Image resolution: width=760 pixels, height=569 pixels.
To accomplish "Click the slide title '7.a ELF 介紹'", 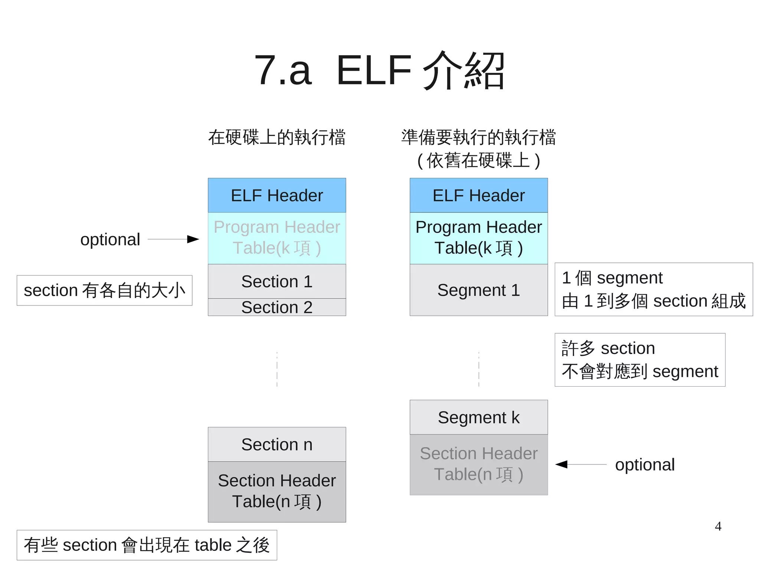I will tap(379, 70).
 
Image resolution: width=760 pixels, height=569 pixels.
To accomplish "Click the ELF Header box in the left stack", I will tap(277, 195).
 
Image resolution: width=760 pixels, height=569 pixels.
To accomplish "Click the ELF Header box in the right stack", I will tap(479, 195).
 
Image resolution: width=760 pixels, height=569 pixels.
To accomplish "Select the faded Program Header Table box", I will tap(277, 238).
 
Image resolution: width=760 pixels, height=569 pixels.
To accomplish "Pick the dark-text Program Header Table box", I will tap(479, 238).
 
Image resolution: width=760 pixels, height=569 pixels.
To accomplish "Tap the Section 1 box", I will tap(277, 281).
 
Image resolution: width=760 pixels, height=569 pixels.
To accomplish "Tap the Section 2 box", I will tap(277, 307).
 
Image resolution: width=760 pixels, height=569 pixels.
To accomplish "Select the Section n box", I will tap(277, 444).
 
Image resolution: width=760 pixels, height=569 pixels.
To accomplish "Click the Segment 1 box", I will tap(479, 290).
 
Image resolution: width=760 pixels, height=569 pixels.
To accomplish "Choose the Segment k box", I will tap(479, 417).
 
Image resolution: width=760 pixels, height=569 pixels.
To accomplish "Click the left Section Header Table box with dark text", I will tap(277, 492).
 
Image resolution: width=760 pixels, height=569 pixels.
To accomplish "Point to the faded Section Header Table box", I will tap(479, 464).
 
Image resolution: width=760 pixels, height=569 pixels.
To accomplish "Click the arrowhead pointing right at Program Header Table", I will tap(193, 239).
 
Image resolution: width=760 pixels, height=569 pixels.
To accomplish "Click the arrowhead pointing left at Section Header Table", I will tap(562, 464).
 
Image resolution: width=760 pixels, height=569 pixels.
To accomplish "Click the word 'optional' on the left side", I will tap(110, 239).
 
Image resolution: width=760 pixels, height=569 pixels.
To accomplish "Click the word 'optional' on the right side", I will tap(645, 464).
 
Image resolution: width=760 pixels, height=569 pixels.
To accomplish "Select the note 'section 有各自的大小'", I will tap(104, 290).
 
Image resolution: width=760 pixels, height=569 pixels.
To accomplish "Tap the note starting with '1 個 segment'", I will tap(653, 290).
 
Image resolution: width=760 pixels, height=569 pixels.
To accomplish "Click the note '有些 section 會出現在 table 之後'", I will tap(147, 545).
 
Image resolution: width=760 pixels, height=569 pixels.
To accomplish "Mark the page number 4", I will tap(718, 526).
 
